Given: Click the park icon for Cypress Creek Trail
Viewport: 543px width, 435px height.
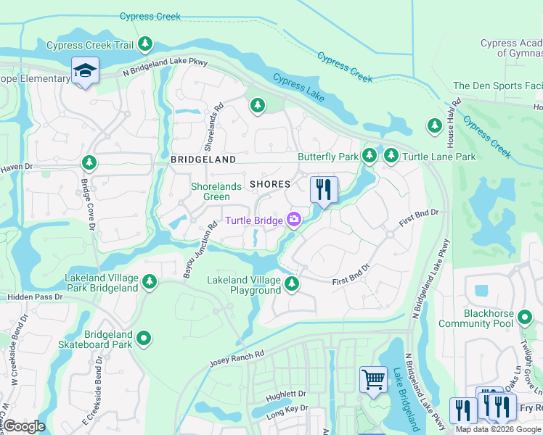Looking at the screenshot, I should pyautogui.click(x=146, y=44).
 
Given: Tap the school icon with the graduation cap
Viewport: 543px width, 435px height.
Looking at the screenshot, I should pyautogui.click(x=85, y=71).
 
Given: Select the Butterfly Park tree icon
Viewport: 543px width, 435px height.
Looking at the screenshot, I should pyautogui.click(x=370, y=155).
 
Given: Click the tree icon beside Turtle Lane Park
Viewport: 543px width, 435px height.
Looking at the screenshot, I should pyautogui.click(x=391, y=155).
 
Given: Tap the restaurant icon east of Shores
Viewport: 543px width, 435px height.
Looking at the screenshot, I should pyautogui.click(x=324, y=190).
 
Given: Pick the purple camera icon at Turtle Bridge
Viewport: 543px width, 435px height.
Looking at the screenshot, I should pyautogui.click(x=294, y=219).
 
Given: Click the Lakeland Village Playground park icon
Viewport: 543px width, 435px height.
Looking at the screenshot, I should pyautogui.click(x=292, y=283).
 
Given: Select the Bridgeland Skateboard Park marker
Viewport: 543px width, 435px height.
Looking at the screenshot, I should pyautogui.click(x=144, y=337).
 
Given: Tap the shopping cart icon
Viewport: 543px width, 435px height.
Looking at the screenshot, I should pyautogui.click(x=373, y=379).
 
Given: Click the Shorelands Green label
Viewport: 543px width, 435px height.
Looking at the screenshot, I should pyautogui.click(x=216, y=191).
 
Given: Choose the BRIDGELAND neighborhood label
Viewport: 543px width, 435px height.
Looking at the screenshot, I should pyautogui.click(x=203, y=159).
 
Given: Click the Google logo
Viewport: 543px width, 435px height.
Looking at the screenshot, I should pyautogui.click(x=24, y=426).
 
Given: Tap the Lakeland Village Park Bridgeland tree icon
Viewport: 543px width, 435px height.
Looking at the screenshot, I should pyautogui.click(x=150, y=281).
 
